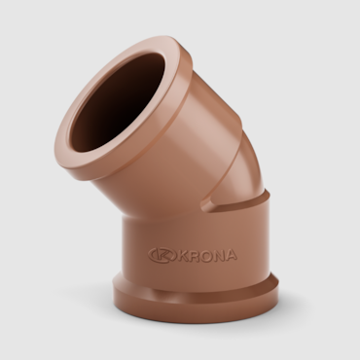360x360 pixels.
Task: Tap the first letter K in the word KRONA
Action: point(180,254)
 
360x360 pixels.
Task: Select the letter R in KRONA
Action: point(192,255)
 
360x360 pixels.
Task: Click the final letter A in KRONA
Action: point(230,255)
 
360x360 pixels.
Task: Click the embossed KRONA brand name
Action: point(204,255)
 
